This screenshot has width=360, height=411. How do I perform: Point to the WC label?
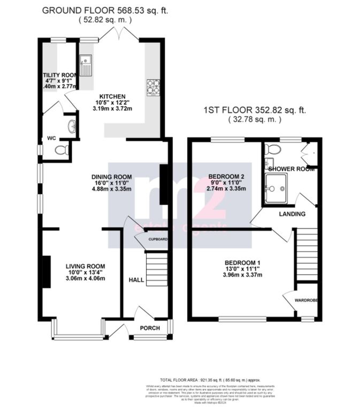pyautogui.click(x=51, y=138)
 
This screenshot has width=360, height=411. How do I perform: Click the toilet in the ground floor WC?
pyautogui.click(x=62, y=150)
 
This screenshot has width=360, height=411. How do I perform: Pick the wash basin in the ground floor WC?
pyautogui.click(x=71, y=126)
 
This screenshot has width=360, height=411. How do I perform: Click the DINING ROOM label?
pyautogui.click(x=111, y=177)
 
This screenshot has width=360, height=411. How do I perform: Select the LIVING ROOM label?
pyautogui.click(x=85, y=266)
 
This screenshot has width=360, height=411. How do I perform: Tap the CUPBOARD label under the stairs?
pyautogui.click(x=158, y=239)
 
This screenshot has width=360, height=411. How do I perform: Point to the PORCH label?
pyautogui.click(x=150, y=328)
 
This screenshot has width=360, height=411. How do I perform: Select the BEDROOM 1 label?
pyautogui.click(x=242, y=262)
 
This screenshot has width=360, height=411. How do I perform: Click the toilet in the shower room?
pyautogui.click(x=273, y=148)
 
